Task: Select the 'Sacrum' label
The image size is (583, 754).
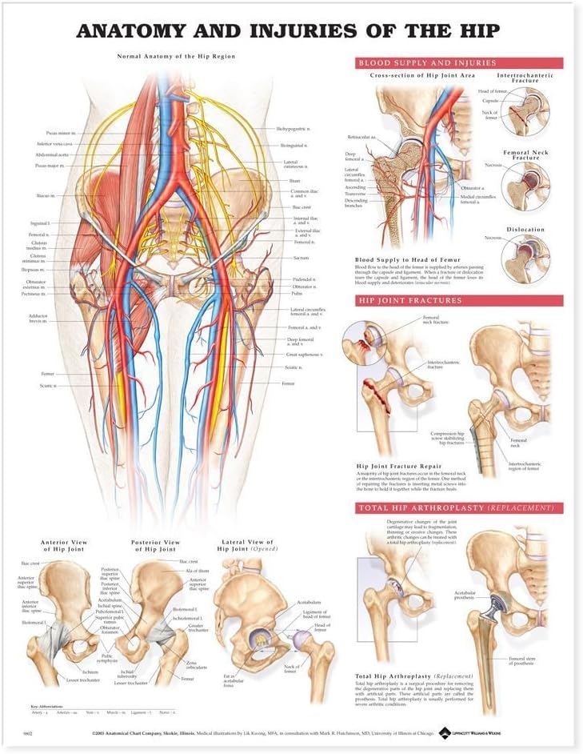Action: tap(301, 259)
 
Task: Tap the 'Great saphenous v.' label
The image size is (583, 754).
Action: tap(304, 355)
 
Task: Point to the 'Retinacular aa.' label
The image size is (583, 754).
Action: tap(362, 137)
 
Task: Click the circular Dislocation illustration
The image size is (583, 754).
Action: tap(525, 259)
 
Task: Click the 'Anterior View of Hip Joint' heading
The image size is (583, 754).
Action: tap(63, 545)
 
